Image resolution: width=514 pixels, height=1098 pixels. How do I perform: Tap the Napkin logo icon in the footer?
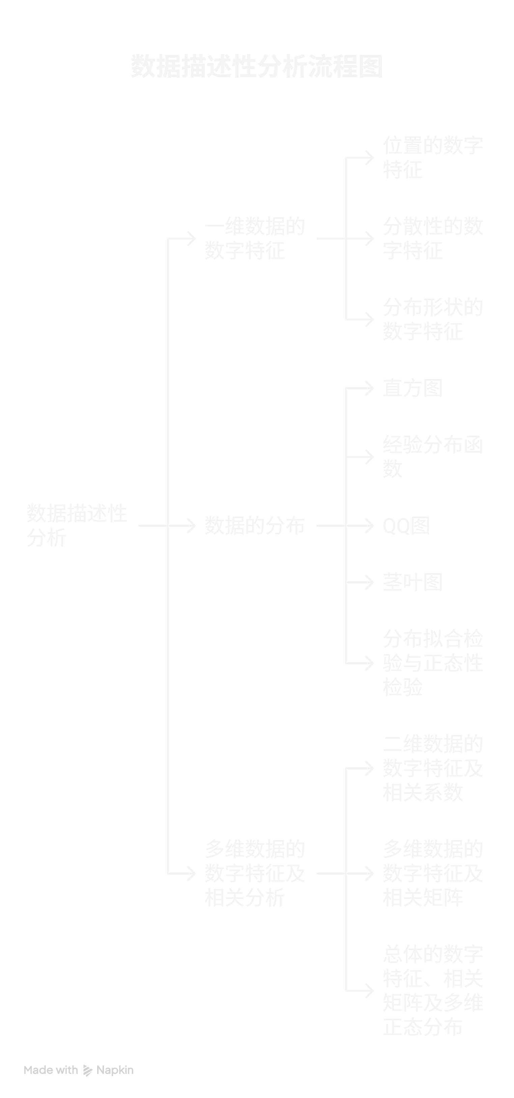[x=87, y=1070]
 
